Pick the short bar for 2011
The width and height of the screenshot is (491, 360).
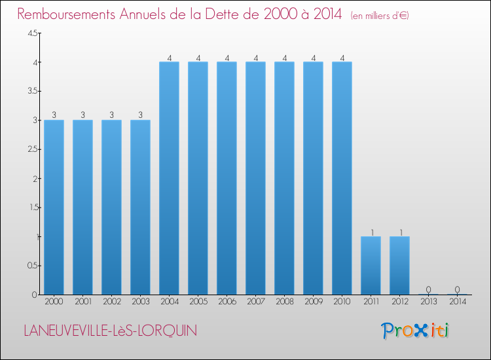coord(371,265)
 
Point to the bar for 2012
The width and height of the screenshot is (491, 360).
coord(399,265)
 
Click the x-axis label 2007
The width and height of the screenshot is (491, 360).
coord(255,302)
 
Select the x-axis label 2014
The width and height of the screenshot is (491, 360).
coord(457,302)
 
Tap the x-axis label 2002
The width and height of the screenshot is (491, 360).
coord(111,302)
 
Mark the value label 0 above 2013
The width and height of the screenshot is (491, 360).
coord(428,289)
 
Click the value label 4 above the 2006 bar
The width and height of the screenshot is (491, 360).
coord(227,57)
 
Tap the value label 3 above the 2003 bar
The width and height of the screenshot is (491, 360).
coord(140,115)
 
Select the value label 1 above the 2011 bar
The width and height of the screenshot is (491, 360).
coord(371,232)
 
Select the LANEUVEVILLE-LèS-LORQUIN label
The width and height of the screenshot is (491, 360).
coord(110,331)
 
